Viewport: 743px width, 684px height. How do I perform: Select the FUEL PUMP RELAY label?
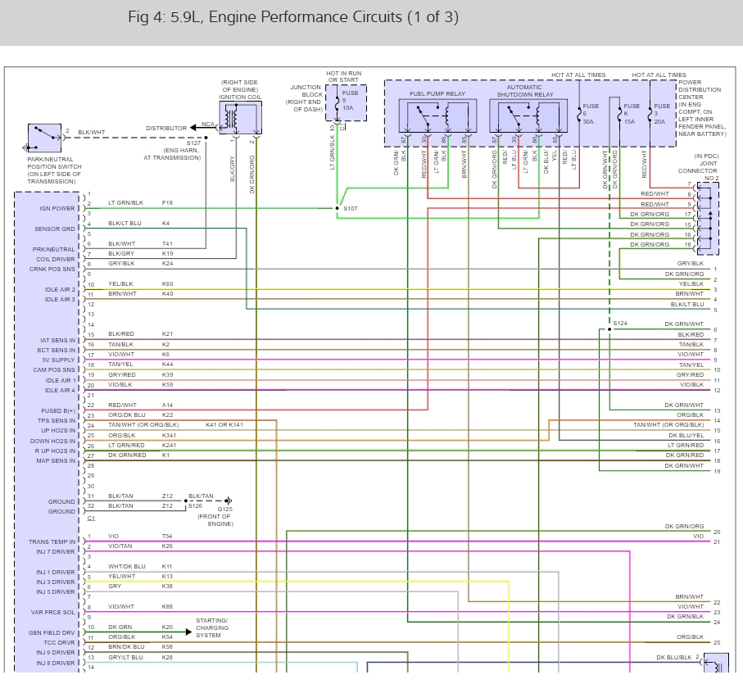click(x=437, y=94)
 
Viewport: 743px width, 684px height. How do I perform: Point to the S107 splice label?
click(x=350, y=209)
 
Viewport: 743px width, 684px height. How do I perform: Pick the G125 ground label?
click(x=224, y=509)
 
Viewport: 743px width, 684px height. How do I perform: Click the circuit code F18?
click(x=167, y=202)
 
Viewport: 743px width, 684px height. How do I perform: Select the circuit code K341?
click(x=169, y=435)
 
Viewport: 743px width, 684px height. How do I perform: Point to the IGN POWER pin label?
click(x=57, y=208)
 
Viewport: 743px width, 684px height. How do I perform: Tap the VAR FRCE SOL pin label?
click(x=55, y=612)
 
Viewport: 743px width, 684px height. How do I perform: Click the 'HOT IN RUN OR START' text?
click(x=343, y=77)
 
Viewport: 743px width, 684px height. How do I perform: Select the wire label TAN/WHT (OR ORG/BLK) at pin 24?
click(x=143, y=425)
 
